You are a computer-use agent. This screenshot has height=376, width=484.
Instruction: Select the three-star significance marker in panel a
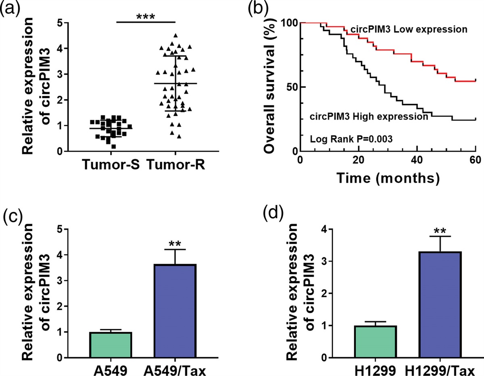pos(146,17)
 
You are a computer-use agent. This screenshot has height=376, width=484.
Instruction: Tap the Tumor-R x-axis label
pos(176,166)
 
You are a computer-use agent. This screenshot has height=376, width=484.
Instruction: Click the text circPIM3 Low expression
pos(409,29)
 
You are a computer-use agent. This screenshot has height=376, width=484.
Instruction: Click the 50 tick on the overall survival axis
pos(288,87)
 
